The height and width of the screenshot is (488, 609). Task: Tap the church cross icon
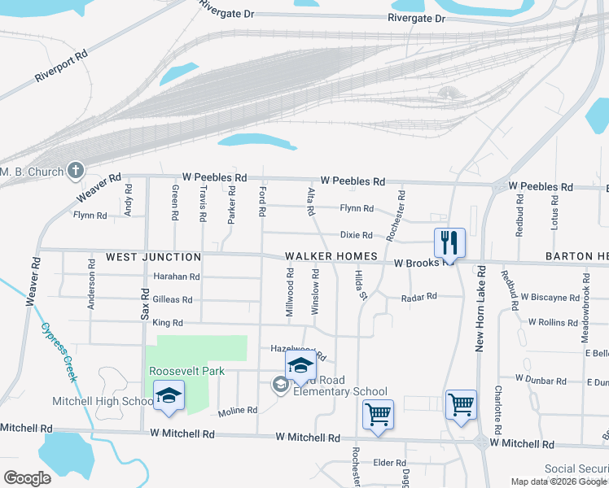[76, 171]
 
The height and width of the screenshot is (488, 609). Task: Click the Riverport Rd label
[60, 67]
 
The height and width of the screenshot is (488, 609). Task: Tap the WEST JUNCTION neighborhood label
[142, 256]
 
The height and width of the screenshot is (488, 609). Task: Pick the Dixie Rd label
[356, 235]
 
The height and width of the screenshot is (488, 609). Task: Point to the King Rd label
[167, 323]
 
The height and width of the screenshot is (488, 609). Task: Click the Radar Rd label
[419, 298]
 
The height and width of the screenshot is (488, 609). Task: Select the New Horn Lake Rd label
[481, 308]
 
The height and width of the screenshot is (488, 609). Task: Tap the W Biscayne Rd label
[550, 298]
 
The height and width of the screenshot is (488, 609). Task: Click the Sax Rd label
[146, 303]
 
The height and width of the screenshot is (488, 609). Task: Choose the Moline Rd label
[238, 410]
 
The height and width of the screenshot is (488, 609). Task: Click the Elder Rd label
[383, 463]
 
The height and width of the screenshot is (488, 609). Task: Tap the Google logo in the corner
[27, 478]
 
